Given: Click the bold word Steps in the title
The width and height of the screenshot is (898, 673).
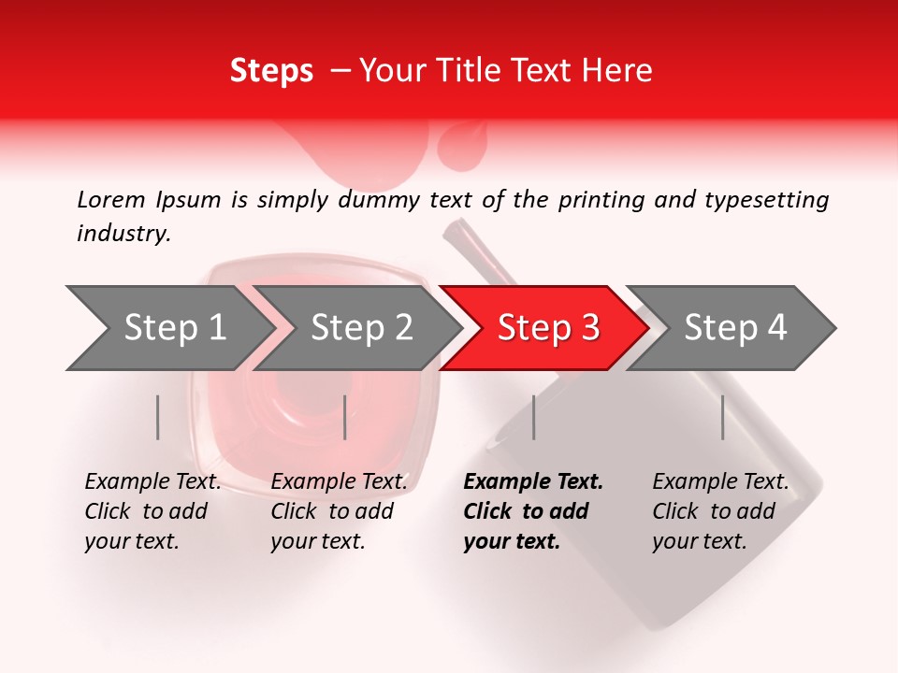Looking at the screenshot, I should coord(271,70).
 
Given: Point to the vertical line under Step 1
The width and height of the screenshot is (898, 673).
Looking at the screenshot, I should coord(158,417).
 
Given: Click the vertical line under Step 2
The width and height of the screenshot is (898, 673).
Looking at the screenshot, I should coord(345,417).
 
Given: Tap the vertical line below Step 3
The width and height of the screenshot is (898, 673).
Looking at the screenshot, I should coord(534,417).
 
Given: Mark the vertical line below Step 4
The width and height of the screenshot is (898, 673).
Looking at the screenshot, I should coord(723,417).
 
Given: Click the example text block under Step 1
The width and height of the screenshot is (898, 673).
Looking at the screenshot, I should coord(152,511).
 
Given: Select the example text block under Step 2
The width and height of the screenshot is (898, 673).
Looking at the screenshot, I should coord(339,511).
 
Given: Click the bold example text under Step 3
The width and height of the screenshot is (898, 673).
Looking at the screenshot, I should coord(533,511).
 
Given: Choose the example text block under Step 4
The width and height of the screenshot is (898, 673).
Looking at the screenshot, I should coord(720,511).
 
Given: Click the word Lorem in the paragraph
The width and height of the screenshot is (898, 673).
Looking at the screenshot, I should coord(111,200).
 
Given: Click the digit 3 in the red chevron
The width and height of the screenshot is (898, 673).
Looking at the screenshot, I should coord(589,327).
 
